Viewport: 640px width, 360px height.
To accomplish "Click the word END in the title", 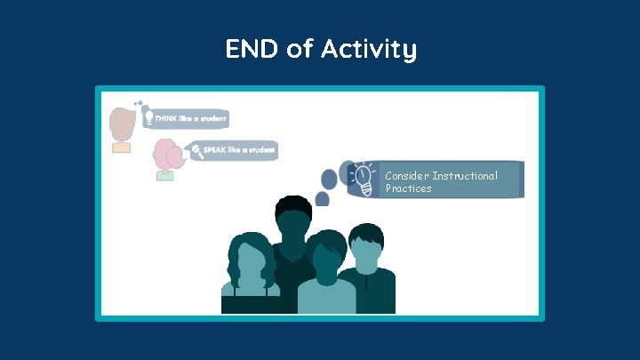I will point(252,50).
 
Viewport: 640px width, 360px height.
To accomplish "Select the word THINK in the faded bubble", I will point(166,118).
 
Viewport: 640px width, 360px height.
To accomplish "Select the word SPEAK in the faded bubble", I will point(214,149).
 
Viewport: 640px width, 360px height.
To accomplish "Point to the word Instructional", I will point(465,176).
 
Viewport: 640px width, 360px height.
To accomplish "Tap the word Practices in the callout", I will point(408,188).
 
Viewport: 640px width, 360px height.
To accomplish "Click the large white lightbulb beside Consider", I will point(363,179).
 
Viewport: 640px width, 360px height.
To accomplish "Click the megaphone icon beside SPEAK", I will point(196,149).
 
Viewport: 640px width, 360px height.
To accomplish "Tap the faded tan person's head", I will point(121,123).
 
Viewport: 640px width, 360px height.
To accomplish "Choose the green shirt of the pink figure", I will point(164,176).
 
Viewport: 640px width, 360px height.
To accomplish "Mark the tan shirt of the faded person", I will point(121,147).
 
